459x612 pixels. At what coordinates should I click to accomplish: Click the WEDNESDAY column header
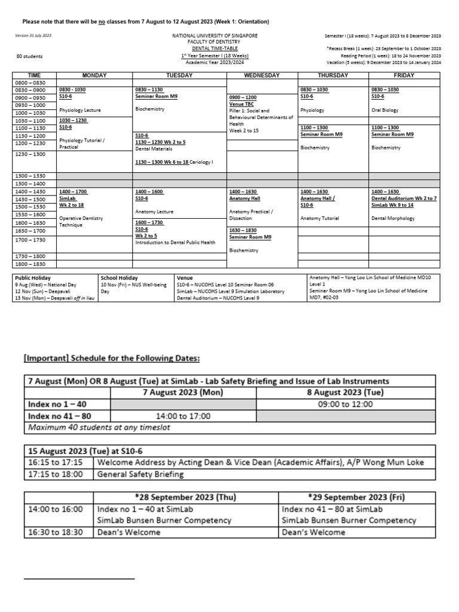pos(262,75)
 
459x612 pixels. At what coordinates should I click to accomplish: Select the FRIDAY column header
pos(404,75)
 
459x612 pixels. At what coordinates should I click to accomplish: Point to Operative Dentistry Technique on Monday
pos(81,222)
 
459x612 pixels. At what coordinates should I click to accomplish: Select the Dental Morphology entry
pos(393,219)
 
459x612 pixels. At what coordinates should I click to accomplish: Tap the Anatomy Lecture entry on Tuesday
pos(154,212)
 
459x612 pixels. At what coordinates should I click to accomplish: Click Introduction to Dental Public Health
pos(175,243)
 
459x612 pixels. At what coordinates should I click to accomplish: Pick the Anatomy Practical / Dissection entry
pos(251,215)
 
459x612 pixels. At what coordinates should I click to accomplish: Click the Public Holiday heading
pos(33,278)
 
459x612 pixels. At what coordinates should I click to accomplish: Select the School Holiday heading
pos(119,278)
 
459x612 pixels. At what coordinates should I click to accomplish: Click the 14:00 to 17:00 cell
pos(183,415)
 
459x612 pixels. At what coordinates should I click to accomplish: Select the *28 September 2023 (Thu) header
pos(185,497)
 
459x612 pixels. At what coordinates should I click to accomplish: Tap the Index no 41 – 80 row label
pos(60,415)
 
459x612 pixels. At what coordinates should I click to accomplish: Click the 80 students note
pos(29,56)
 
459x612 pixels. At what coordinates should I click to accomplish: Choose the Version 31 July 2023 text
pos(33,36)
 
